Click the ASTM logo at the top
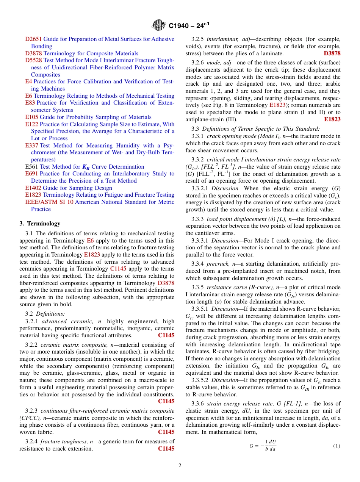point(158,26)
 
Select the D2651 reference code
point(33,39)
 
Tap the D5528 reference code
point(33,60)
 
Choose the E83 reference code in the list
point(30,103)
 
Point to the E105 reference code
point(31,117)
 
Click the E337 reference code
point(31,146)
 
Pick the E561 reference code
point(31,167)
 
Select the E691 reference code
point(31,174)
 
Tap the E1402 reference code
point(33,188)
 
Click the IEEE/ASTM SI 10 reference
point(49,202)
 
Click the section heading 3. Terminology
point(40,224)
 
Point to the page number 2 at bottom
point(180,466)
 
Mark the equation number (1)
point(337,446)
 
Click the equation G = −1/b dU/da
point(263,446)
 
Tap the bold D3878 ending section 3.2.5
point(332,53)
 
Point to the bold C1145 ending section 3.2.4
point(166,449)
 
